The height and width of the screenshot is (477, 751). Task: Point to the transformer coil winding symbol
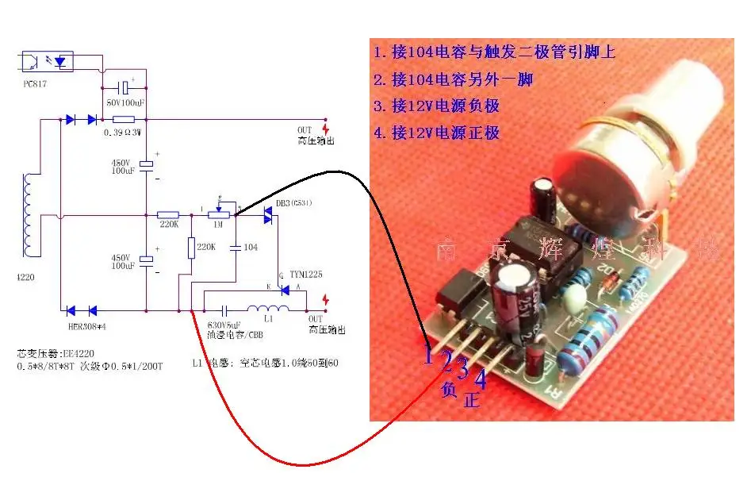pyautogui.click(x=32, y=215)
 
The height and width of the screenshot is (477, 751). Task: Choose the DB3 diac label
pyautogui.click(x=293, y=203)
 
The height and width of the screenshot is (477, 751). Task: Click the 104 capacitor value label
pyautogui.click(x=251, y=248)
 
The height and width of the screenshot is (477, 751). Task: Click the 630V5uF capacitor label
pyautogui.click(x=223, y=325)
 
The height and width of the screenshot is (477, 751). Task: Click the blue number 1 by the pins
pyautogui.click(x=428, y=352)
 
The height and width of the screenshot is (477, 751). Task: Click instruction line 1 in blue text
pyautogui.click(x=494, y=53)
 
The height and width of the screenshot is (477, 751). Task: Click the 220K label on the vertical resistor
pyautogui.click(x=206, y=248)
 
